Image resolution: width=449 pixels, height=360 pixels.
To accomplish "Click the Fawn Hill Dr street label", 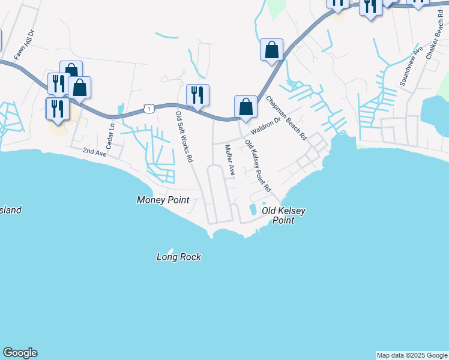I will (26, 44).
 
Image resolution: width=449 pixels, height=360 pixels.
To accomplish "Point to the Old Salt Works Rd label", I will (184, 137).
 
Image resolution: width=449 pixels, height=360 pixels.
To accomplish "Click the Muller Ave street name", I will (229, 160).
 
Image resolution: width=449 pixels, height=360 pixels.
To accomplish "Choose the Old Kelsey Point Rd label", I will (258, 166).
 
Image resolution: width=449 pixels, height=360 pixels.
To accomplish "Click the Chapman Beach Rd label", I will (286, 118).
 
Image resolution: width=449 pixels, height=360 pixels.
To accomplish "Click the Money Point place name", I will (163, 200).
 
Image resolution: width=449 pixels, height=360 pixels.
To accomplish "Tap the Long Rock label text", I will (178, 257).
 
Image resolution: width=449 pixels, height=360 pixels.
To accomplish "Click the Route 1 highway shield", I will (148, 108).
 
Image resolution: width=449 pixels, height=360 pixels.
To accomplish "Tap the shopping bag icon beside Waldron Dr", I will (246, 107).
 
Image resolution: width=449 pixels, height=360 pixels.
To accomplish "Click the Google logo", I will (20, 353).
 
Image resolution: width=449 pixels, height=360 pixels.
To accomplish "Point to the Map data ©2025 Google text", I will (412, 355).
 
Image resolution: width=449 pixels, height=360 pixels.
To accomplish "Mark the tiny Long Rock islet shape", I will (170, 250).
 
